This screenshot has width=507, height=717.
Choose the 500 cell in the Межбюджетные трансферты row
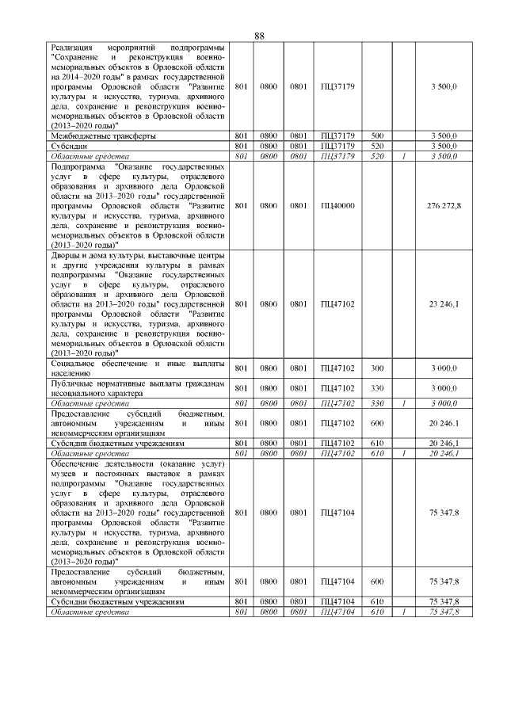click(x=377, y=136)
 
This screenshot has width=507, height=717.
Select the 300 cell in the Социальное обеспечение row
click(x=377, y=368)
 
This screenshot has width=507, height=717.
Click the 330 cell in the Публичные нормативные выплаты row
click(x=377, y=388)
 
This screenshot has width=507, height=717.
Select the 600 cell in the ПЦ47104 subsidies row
click(x=377, y=582)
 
